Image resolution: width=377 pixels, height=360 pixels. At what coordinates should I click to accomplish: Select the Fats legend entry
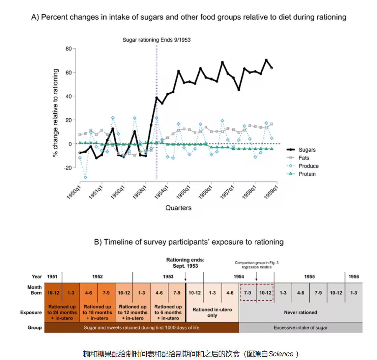[298, 158]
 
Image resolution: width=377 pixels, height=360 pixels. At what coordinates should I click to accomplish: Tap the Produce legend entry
[303, 166]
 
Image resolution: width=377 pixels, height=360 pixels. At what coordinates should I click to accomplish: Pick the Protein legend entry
[301, 174]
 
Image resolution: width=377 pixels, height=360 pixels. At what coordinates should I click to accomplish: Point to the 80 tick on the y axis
[69, 48]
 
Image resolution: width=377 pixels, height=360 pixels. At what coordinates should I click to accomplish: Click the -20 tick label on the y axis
[68, 167]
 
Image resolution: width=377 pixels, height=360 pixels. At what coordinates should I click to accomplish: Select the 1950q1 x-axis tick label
[73, 192]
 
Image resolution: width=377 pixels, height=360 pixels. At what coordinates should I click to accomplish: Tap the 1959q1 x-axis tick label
[271, 192]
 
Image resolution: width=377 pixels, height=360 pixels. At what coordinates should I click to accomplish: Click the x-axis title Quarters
[178, 208]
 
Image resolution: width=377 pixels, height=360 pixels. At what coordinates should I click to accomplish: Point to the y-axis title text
[55, 113]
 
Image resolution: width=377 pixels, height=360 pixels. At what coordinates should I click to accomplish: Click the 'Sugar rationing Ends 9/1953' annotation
[157, 40]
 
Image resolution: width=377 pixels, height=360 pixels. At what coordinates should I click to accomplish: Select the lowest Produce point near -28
[85, 177]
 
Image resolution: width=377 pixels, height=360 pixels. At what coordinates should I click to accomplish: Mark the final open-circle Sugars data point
[272, 68]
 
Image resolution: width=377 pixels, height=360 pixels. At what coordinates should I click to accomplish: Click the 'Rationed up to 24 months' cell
[62, 313]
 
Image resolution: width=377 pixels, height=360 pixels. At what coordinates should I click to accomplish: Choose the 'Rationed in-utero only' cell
[212, 313]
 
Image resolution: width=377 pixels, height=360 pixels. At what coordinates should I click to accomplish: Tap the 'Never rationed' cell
[301, 313]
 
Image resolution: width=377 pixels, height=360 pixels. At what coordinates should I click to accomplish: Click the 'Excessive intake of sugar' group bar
[301, 328]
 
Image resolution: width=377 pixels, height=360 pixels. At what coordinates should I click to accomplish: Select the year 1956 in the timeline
[354, 277]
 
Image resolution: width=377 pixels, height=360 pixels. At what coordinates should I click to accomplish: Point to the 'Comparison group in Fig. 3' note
[256, 265]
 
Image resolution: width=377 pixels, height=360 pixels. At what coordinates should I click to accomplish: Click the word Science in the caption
[281, 354]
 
